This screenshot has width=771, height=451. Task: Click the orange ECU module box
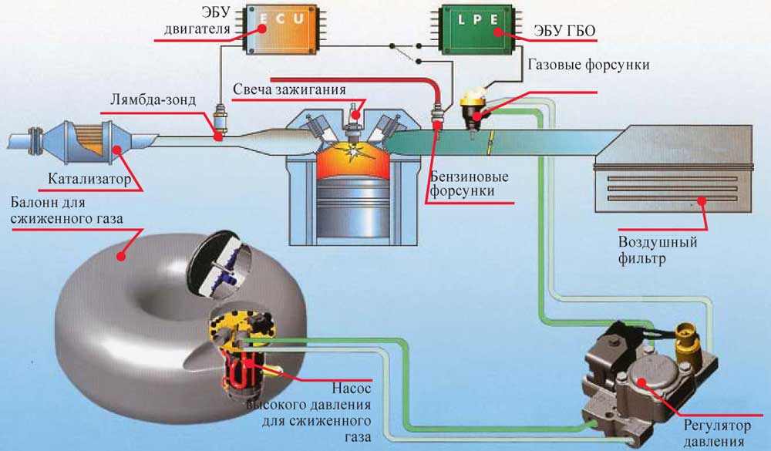(x=282, y=30)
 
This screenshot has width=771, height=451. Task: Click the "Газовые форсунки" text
(x=588, y=65)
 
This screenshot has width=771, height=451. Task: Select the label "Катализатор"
(x=84, y=182)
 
